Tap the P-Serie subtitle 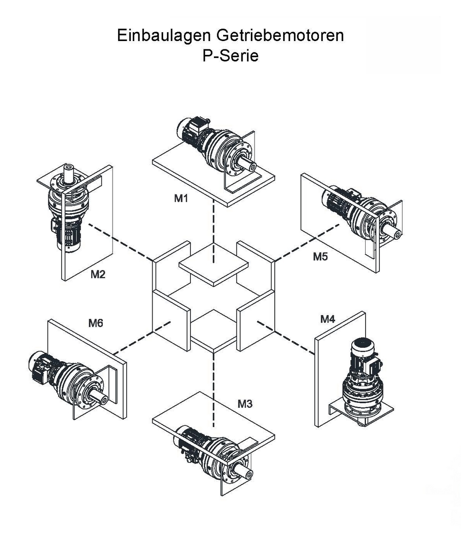230,56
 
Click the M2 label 98,275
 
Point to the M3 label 245,404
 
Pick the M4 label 327,319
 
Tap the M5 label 320,257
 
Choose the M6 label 95,323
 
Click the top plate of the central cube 213,266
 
